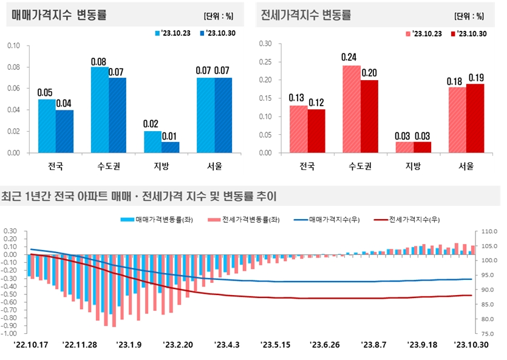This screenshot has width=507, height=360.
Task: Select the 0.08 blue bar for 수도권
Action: (100, 109)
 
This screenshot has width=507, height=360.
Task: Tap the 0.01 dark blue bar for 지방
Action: (170, 147)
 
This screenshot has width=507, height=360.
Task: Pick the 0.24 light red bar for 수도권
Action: (352, 109)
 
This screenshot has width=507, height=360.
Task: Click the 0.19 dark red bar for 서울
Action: (475, 118)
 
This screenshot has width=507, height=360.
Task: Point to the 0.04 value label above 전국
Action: (64, 103)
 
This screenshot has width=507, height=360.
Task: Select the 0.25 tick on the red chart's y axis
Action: (264, 62)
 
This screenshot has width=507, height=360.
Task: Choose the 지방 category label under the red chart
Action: (413, 165)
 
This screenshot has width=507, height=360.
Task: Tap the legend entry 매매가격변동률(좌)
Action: (163, 220)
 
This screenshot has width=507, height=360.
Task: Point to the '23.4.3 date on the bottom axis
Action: (227, 344)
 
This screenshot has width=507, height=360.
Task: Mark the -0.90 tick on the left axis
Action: (11, 325)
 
